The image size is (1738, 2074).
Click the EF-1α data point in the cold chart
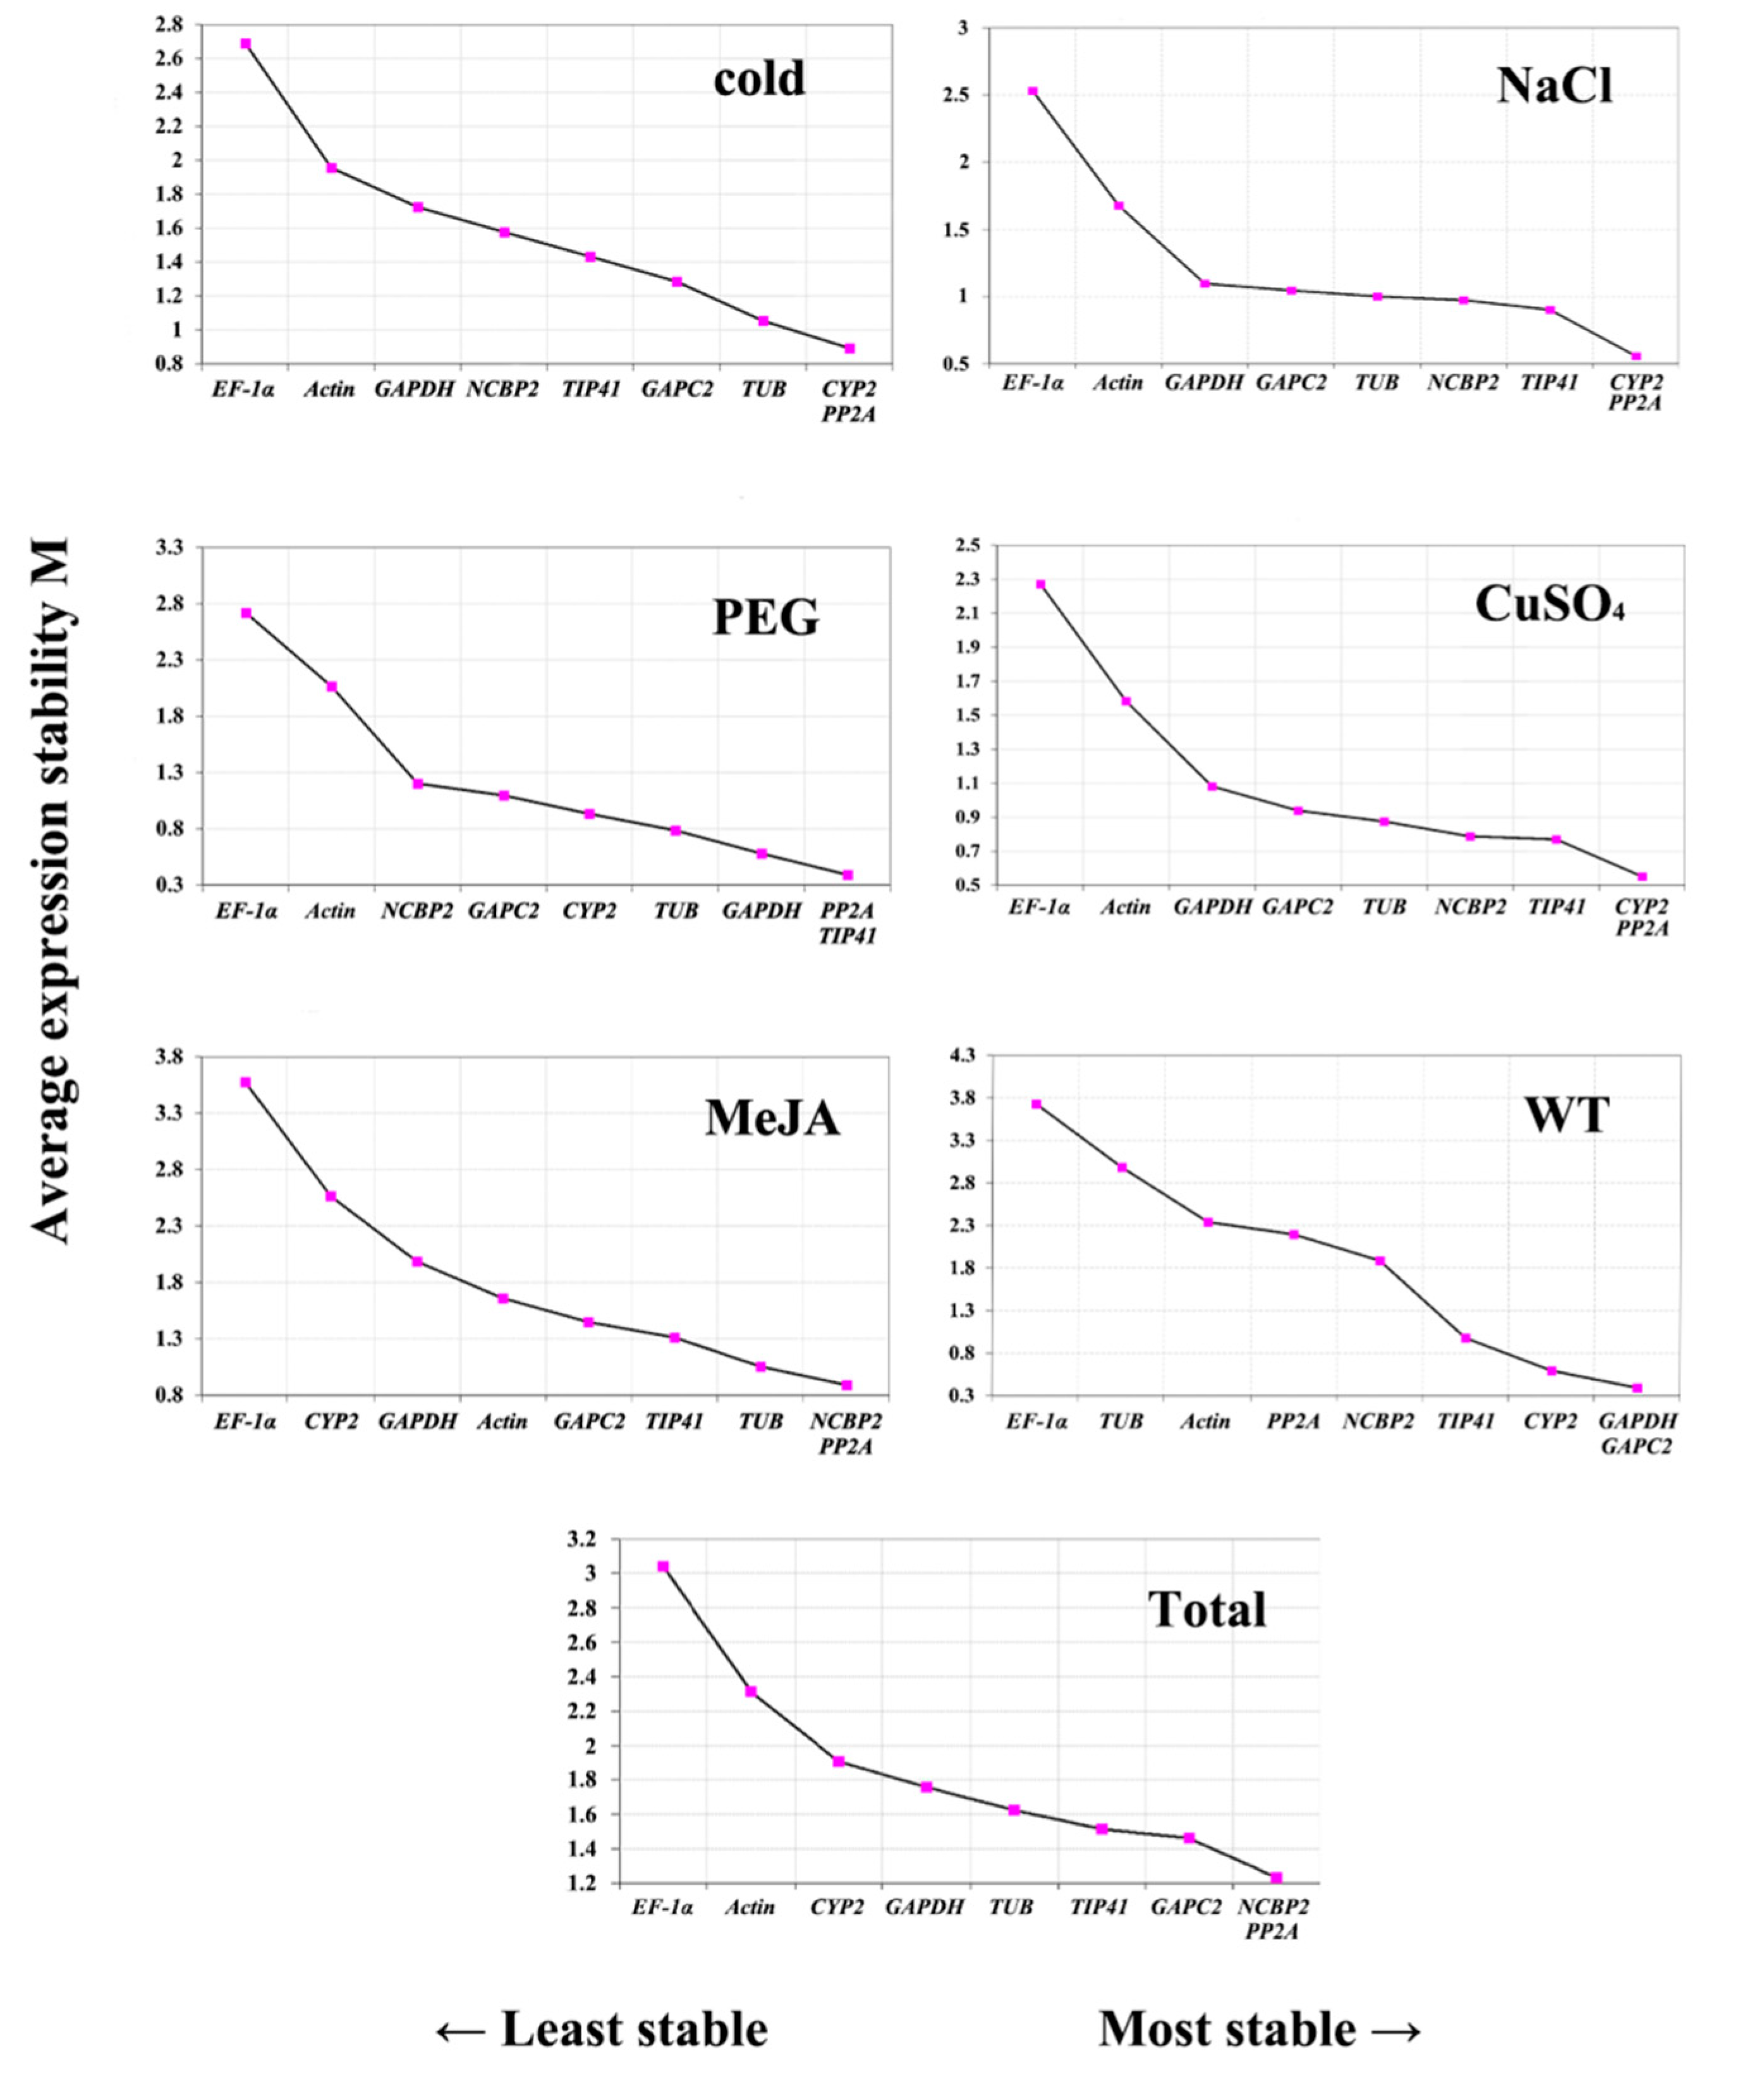[246, 44]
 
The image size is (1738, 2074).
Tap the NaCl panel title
[1554, 87]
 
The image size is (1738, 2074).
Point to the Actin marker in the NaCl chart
[1119, 205]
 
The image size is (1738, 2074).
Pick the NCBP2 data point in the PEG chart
[418, 783]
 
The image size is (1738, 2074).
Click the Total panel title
[1206, 1610]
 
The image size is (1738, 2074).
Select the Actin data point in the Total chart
[751, 1692]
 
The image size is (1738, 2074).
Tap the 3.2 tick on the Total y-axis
[583, 1539]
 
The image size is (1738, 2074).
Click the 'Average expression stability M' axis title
[49, 889]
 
